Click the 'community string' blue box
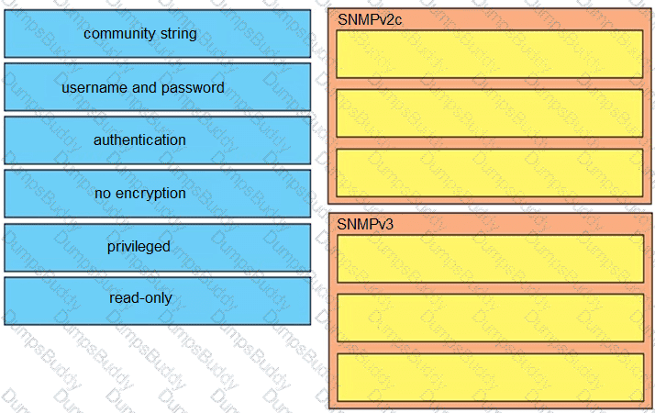click(158, 33)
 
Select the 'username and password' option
click(158, 87)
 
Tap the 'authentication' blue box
click(158, 140)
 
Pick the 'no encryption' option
click(158, 194)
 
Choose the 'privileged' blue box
click(158, 248)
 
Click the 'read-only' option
click(158, 300)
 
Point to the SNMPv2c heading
click(370, 19)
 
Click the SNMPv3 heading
click(365, 225)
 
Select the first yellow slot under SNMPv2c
click(490, 54)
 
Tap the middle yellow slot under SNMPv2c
click(490, 113)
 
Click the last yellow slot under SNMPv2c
click(490, 173)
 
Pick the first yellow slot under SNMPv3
click(490, 259)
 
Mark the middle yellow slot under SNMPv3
click(490, 318)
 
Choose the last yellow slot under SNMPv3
click(490, 377)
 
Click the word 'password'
click(193, 88)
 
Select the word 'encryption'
click(150, 194)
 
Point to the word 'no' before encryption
click(103, 194)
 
